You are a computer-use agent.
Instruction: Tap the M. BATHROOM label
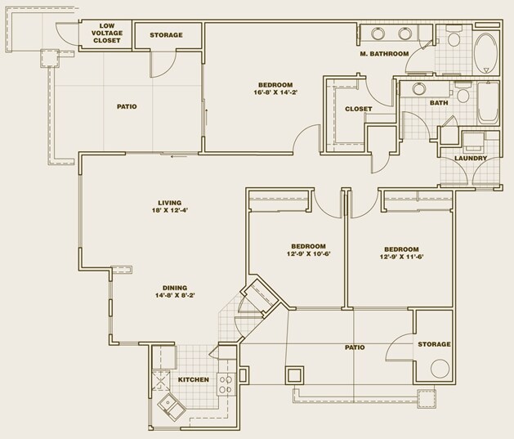click(383, 54)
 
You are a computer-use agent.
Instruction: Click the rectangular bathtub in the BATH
click(488, 104)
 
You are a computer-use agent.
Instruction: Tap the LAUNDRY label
click(471, 158)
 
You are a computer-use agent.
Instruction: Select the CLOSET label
click(358, 109)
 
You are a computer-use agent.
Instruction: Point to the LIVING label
click(170, 203)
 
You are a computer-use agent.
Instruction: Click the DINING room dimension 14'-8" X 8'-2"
click(175, 296)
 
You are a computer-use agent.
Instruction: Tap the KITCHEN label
click(194, 379)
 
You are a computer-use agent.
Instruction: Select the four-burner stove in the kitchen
click(226, 383)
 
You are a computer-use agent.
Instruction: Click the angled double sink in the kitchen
click(173, 404)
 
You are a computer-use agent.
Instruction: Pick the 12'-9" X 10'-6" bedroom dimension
click(308, 255)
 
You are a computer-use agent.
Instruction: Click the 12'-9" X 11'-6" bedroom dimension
click(400, 258)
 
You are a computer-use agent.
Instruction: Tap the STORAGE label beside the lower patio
click(434, 344)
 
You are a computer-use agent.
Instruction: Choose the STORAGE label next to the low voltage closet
click(166, 35)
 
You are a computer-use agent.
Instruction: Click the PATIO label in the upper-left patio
click(126, 106)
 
